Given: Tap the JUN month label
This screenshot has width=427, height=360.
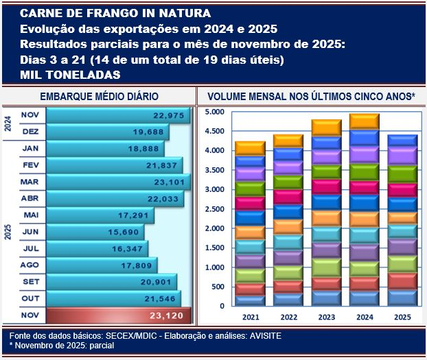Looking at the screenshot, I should [30, 231].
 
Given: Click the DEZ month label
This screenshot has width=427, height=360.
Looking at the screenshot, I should [30, 131].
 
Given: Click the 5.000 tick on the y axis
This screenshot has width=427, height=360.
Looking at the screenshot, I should [215, 112].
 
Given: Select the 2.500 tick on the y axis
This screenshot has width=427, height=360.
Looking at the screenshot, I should [215, 209].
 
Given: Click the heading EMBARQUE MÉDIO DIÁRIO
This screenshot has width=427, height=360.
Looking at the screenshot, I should [100, 97].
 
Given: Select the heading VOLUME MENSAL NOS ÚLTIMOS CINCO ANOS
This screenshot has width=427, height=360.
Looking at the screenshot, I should [311, 97].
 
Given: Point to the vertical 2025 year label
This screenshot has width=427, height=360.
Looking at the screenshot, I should [8, 230].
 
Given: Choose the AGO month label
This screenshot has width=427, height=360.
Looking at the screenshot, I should [30, 264].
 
